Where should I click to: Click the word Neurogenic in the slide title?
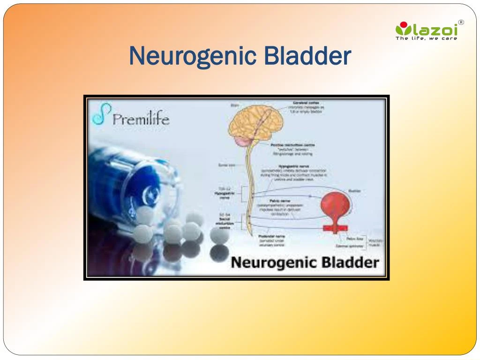pyautogui.click(x=193, y=56)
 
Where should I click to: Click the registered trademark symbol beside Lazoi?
pyautogui.click(x=461, y=22)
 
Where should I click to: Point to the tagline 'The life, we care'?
pyautogui.click(x=426, y=38)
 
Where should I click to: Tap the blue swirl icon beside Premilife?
pyautogui.click(x=100, y=115)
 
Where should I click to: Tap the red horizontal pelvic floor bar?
pyautogui.click(x=335, y=228)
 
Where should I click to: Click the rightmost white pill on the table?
pyautogui.click(x=219, y=235)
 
